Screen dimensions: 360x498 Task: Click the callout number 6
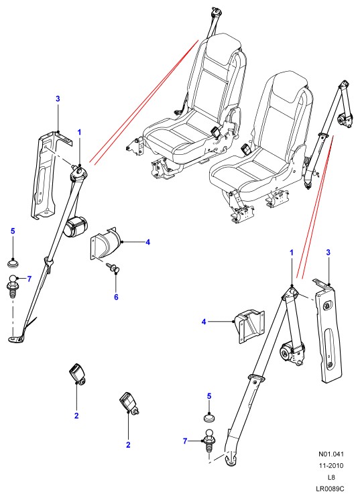[x=116, y=297]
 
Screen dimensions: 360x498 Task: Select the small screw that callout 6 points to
[x=113, y=267]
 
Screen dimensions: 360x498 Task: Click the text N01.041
[x=331, y=454]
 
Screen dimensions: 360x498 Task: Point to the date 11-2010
[x=331, y=466]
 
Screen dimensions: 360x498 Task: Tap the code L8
[x=331, y=477]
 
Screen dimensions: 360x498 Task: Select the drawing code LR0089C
[x=330, y=489]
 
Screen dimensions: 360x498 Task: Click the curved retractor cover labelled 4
[x=106, y=243]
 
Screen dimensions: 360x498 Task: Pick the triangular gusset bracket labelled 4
[x=249, y=326]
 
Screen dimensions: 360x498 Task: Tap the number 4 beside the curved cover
[x=147, y=242]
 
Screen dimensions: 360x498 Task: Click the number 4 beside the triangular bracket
[x=204, y=322]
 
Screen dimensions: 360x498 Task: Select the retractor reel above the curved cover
[x=76, y=226]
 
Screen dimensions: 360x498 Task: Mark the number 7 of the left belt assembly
[x=29, y=279]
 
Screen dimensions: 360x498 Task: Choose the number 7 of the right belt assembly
[x=185, y=441]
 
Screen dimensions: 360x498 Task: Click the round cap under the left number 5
[x=13, y=263]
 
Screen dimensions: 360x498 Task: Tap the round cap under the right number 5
[x=209, y=418]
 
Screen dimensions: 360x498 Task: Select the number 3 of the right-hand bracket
[x=328, y=253]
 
